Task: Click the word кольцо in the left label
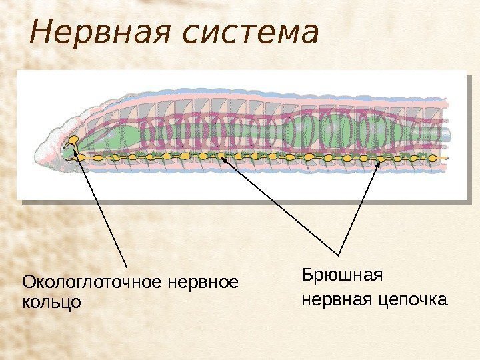pyautogui.click(x=52, y=301)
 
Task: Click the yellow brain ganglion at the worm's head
pyautogui.click(x=73, y=142)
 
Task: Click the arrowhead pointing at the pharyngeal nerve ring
pyautogui.click(x=76, y=155)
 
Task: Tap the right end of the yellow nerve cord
pyautogui.click(x=445, y=159)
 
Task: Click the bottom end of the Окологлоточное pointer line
pyautogui.click(x=127, y=267)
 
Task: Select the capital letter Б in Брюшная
pyautogui.click(x=306, y=275)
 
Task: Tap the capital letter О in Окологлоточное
pyautogui.click(x=28, y=283)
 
